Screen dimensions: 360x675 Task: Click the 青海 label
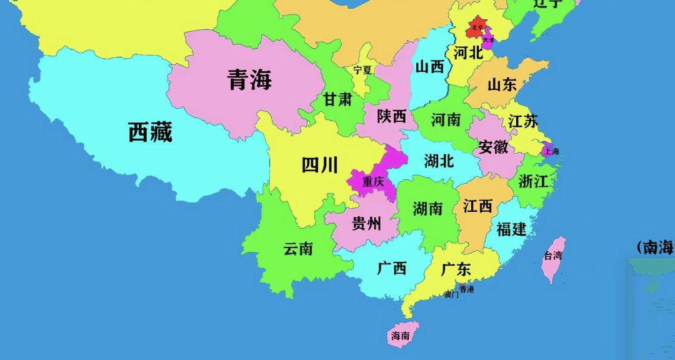(x=249, y=80)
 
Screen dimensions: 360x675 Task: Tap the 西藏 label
(x=150, y=132)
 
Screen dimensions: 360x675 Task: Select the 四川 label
(x=319, y=165)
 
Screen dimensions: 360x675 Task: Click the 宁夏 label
(x=362, y=70)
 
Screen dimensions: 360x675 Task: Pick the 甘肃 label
(x=337, y=99)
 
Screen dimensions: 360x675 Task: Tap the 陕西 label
(x=392, y=116)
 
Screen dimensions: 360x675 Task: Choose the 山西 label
(x=429, y=67)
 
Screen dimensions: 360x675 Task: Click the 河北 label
(x=468, y=53)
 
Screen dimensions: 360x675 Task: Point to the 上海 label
(x=551, y=151)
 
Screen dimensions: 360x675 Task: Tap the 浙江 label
(x=532, y=182)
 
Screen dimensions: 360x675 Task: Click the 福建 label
(x=511, y=229)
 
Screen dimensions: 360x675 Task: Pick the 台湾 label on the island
(x=552, y=255)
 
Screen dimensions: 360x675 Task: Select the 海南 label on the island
(x=401, y=336)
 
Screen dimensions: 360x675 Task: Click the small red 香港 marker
(x=461, y=285)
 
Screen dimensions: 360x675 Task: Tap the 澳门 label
(x=451, y=295)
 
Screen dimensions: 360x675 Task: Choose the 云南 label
(x=298, y=249)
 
